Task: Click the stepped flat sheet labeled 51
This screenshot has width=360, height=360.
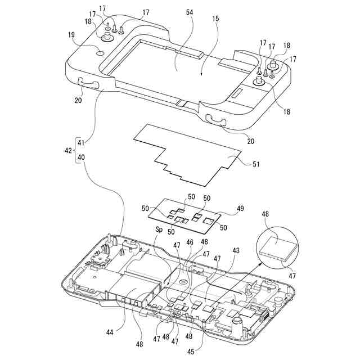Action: point(186,155)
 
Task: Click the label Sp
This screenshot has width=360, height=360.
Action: point(159,229)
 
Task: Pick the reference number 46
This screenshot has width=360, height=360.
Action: point(189,242)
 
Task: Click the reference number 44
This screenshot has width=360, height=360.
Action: point(110,332)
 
